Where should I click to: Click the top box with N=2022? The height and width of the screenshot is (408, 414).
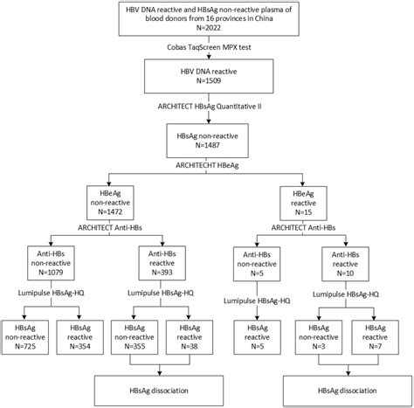206,22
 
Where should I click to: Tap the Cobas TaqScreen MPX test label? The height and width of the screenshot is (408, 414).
206,52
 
